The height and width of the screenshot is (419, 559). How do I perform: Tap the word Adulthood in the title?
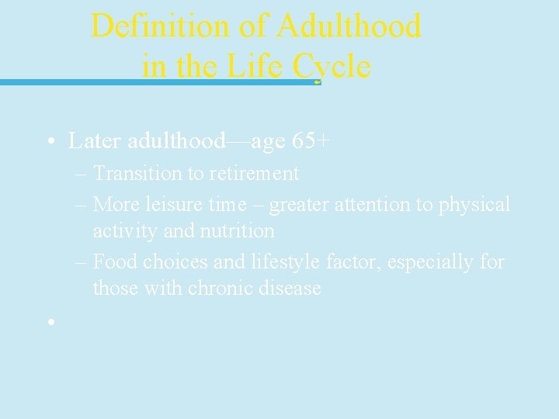click(349, 26)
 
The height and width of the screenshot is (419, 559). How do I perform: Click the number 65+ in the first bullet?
click(311, 141)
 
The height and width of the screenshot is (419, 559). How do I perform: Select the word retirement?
click(254, 173)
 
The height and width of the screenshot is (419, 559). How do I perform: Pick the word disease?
click(291, 288)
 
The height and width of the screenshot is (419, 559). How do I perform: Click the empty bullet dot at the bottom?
click(50, 321)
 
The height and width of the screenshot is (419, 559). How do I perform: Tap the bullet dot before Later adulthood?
click(50, 142)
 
